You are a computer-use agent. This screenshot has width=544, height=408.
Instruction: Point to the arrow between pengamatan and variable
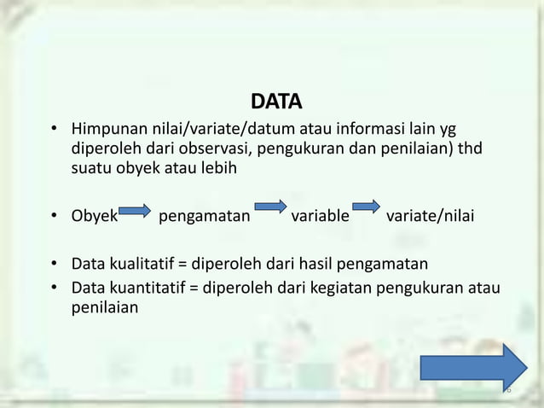point(270,206)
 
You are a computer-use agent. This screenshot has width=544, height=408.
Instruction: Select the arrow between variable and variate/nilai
point(366,206)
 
